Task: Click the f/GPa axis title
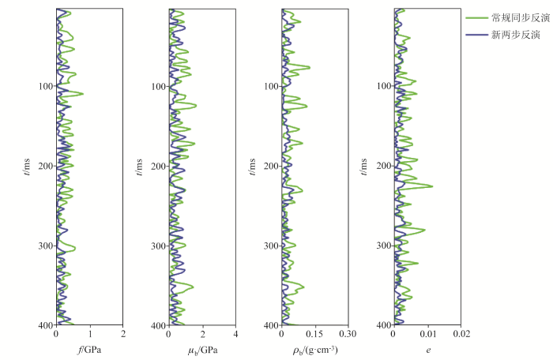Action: coord(88,348)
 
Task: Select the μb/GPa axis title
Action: coord(202,349)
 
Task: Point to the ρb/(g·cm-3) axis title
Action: coord(315,349)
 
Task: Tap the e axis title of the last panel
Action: coord(427,348)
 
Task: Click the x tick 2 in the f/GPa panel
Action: coord(123,335)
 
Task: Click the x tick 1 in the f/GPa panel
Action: coord(89,335)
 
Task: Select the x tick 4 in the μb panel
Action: coord(236,335)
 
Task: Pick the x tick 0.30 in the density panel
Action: coord(348,335)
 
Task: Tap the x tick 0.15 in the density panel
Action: coord(314,335)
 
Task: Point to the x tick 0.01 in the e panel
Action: coord(427,335)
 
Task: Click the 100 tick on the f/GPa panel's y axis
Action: coord(44,86)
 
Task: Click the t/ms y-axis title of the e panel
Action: coord(365,166)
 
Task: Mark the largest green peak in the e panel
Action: coord(431,186)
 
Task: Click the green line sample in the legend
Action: coord(477,17)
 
